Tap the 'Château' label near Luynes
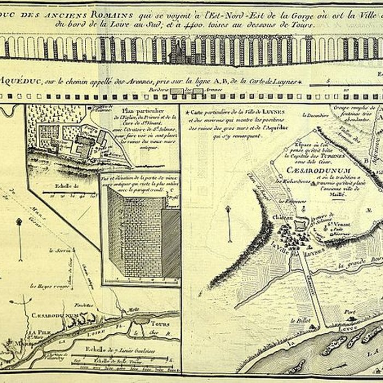pyautogui.click(x=281, y=217)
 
